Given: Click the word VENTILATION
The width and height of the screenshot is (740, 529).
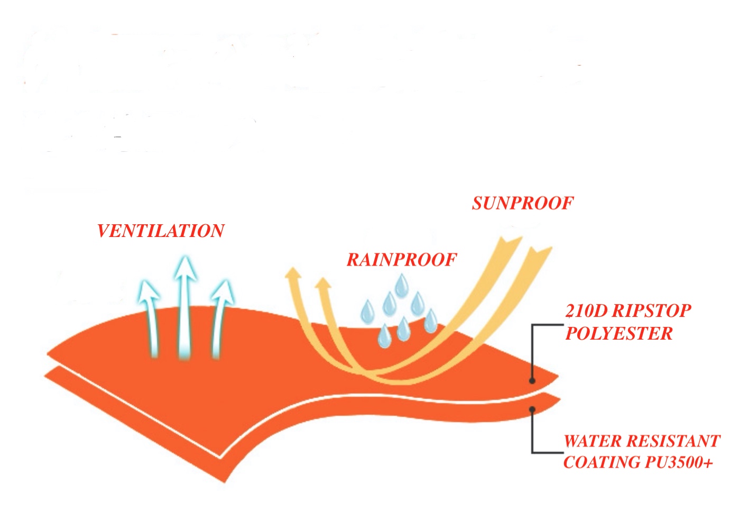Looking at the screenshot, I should click(x=161, y=231).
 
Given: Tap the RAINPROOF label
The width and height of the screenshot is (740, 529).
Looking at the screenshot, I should click(x=402, y=260).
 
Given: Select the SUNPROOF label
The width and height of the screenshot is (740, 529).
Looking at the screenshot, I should click(x=523, y=204).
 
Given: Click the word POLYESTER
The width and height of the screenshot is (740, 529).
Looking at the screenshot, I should click(x=619, y=334).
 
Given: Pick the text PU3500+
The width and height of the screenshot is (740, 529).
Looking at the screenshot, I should click(x=679, y=463).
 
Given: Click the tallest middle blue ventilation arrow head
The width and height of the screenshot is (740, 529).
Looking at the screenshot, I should click(x=183, y=267).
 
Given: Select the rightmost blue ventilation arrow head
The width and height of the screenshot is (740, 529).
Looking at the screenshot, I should click(x=223, y=291).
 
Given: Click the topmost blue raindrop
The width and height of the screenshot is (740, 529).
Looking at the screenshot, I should click(x=402, y=285).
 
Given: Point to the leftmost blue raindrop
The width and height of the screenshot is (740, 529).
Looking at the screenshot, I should click(x=367, y=311).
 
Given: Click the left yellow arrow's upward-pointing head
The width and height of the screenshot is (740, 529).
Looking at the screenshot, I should click(x=292, y=273).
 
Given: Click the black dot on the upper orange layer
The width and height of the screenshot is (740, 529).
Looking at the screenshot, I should click(x=532, y=380).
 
